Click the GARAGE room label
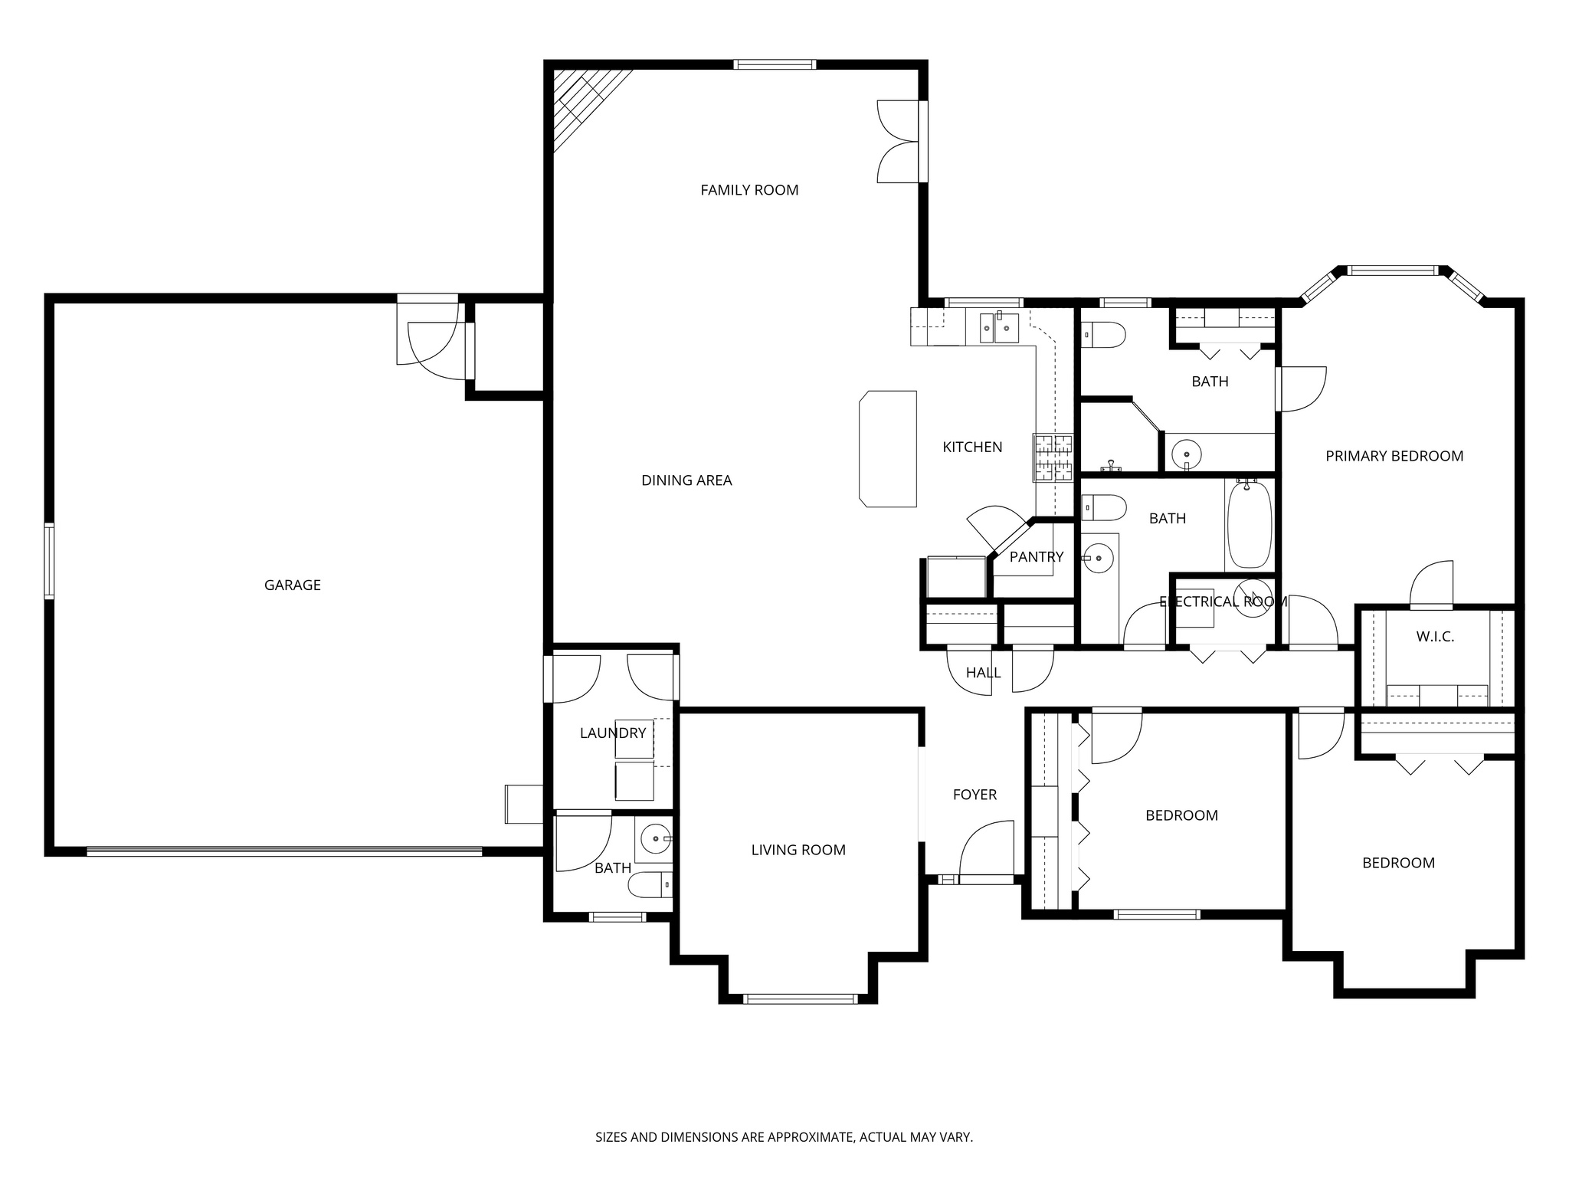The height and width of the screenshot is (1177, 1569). [292, 585]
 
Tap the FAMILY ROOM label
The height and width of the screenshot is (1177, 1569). [749, 190]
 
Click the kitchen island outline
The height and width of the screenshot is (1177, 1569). [889, 449]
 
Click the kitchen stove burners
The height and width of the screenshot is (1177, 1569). [1053, 458]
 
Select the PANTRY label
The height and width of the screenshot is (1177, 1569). [1036, 557]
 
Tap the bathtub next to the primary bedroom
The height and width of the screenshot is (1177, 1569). [1249, 523]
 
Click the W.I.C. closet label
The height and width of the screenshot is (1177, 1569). [1435, 637]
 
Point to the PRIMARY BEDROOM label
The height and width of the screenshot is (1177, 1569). [1394, 457]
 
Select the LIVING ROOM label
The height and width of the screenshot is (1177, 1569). [798, 850]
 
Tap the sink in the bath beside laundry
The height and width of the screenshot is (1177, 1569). [655, 839]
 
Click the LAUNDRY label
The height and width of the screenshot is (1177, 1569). [613, 733]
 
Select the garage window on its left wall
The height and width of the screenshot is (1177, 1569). [49, 560]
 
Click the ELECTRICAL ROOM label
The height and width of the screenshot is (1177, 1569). [1223, 602]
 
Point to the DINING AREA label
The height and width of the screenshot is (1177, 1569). [686, 480]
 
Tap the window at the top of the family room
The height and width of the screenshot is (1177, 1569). [774, 65]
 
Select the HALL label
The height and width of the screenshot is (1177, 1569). [983, 673]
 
